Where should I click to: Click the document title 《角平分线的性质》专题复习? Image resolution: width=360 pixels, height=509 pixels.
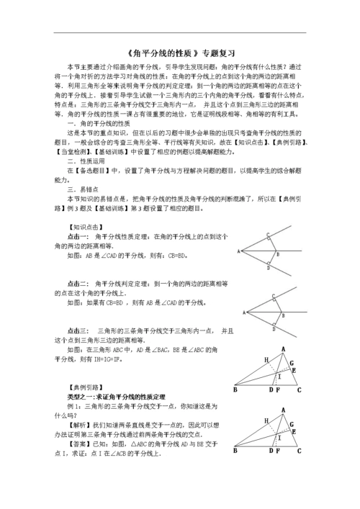pyautogui.click(x=180, y=52)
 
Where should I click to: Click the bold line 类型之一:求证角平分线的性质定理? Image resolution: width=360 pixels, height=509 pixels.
pyautogui.click(x=116, y=396)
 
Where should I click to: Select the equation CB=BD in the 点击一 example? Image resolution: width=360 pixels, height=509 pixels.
pyautogui.click(x=176, y=255)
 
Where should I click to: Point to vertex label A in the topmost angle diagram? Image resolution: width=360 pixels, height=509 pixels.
pyautogui.click(x=238, y=252)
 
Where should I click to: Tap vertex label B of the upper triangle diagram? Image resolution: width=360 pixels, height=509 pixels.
pyautogui.click(x=235, y=389)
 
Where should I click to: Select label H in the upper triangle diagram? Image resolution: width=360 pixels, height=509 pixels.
pyautogui.click(x=266, y=359)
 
